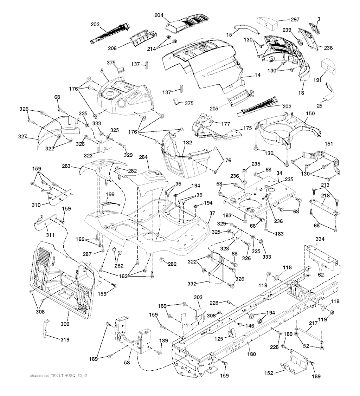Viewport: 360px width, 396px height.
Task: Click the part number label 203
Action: [x=95, y=25]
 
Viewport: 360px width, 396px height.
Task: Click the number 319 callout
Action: [x=64, y=339]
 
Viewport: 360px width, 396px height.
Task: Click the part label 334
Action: [x=320, y=239]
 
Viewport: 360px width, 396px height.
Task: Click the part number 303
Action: [x=198, y=297]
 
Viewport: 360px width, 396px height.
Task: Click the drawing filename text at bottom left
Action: [x=58, y=375]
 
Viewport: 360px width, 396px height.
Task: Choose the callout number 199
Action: [x=110, y=194]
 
